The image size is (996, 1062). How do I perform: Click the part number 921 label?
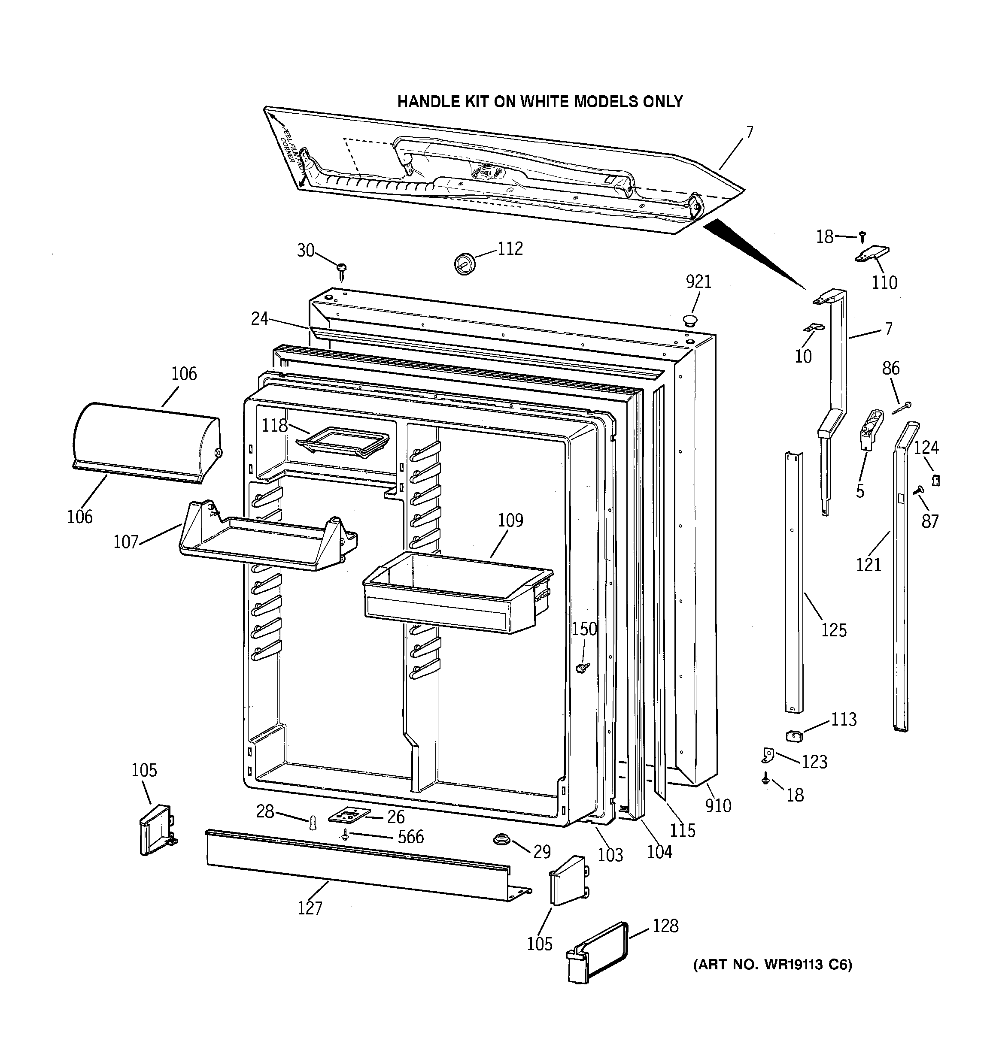[x=699, y=282]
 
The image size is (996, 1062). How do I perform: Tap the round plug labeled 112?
[x=465, y=263]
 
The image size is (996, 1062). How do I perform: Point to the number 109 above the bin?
[x=510, y=520]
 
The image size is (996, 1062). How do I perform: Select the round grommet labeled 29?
[x=501, y=839]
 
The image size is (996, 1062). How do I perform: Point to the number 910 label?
[x=717, y=805]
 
